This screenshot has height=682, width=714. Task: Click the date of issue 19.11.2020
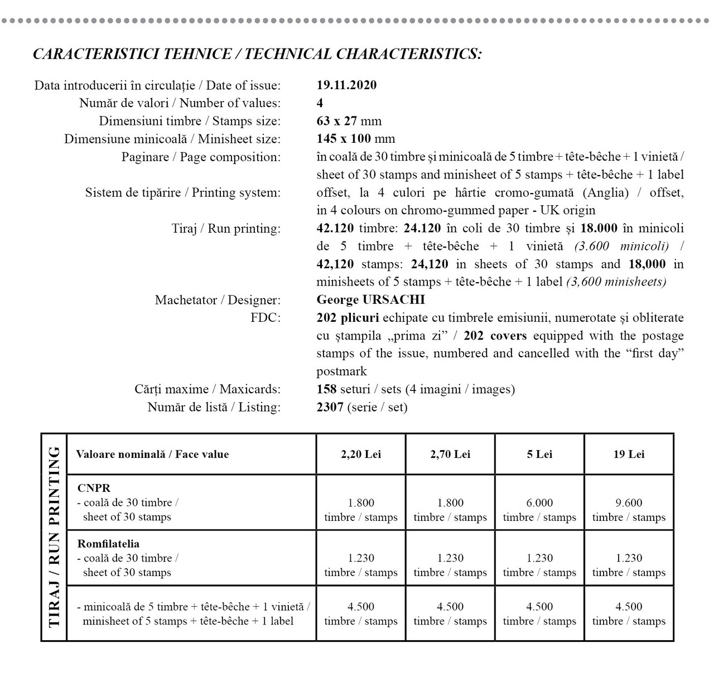point(346,85)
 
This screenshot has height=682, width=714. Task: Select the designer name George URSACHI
point(370,300)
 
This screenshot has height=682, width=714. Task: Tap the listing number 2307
point(330,407)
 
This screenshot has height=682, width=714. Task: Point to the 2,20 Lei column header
point(361,454)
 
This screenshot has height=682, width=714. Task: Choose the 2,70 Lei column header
point(450,454)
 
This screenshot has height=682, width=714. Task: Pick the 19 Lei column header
point(629,454)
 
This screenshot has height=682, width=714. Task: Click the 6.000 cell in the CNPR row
point(539,503)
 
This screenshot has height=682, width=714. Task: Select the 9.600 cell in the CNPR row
point(629,503)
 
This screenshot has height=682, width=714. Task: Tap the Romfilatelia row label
point(108,544)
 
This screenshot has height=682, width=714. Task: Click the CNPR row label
point(94,488)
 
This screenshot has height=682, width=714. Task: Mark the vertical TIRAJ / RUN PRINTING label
point(54,537)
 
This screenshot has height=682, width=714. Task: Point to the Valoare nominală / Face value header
point(152,454)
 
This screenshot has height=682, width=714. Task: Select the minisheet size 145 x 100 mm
point(355,139)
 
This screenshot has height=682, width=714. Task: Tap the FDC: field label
point(266,318)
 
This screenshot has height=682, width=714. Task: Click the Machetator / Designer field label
point(218,300)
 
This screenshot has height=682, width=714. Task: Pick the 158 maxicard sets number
point(326,389)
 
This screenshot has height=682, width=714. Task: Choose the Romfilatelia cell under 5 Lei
point(539,565)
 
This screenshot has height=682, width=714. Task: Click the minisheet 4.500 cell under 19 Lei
point(629,613)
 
